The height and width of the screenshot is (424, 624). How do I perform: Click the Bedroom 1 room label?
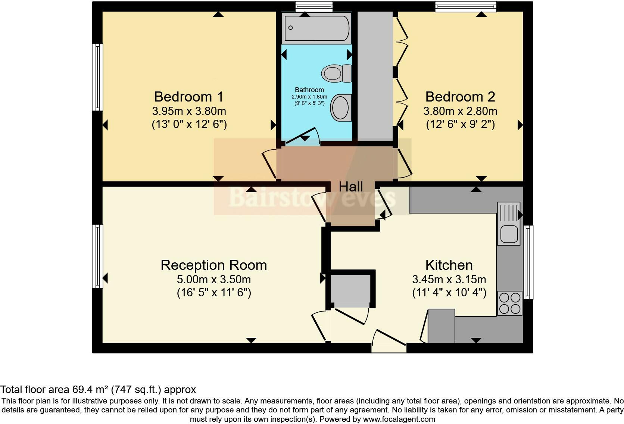point(188,97)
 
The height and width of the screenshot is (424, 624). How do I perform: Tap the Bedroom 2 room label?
point(460,97)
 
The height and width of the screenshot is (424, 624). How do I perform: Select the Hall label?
point(351,187)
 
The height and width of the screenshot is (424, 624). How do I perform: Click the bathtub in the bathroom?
point(316,28)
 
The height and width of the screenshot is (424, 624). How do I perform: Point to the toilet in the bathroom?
point(336,73)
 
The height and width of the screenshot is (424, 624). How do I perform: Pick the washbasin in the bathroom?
point(341,107)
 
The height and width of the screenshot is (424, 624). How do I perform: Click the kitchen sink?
point(508,234)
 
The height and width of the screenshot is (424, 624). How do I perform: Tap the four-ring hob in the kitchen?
point(509,303)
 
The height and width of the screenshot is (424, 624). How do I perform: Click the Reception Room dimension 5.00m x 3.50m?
point(213,279)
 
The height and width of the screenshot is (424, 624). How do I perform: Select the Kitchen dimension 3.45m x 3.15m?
point(449,279)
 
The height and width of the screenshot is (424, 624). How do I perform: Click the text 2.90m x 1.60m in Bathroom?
point(309,97)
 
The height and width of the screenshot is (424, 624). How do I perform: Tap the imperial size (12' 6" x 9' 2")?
point(460,124)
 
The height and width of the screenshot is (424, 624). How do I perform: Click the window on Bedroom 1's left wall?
point(97,77)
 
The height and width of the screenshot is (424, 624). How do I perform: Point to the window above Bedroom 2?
point(465,6)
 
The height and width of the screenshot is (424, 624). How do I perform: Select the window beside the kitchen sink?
point(528,262)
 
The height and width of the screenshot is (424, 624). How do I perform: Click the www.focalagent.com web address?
point(399,419)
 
